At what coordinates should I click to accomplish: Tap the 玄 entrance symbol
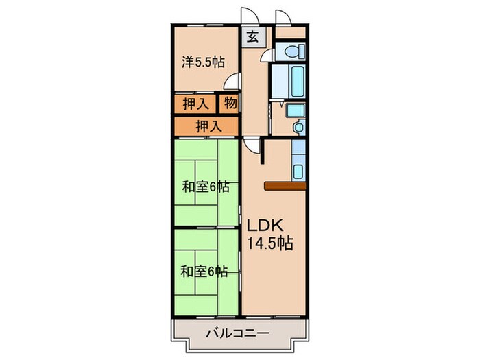(x=252, y=38)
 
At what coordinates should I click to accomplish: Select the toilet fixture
(x=291, y=49)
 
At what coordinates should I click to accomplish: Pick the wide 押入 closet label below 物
(x=208, y=126)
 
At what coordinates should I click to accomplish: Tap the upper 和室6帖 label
(x=205, y=186)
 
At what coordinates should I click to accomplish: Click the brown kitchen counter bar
(x=284, y=185)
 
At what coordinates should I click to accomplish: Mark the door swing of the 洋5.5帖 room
(x=235, y=82)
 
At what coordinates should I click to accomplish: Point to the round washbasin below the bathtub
(x=298, y=128)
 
